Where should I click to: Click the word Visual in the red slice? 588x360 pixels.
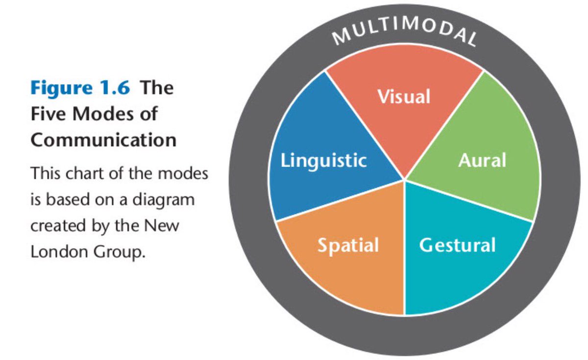[x=404, y=96]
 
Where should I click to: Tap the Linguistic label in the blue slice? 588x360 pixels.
[x=323, y=161]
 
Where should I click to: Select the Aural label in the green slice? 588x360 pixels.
[x=482, y=160]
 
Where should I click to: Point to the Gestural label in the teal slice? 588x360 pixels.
[x=457, y=245]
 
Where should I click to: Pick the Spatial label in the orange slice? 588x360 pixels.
[x=348, y=245]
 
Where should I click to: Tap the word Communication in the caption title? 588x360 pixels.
[x=103, y=140]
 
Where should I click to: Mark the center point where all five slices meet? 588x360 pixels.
[x=404, y=179]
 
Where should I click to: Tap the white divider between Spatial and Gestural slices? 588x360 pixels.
[x=404, y=247]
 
